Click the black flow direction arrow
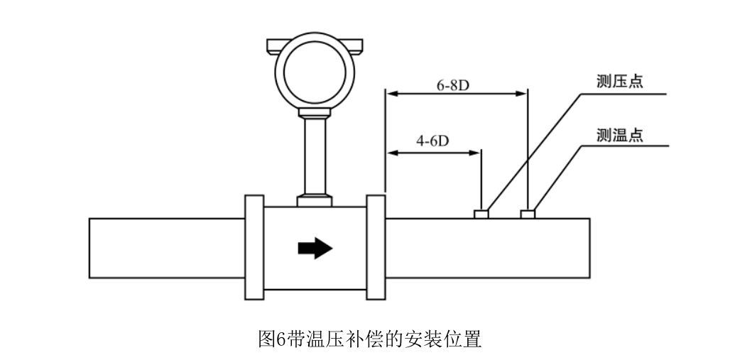pyautogui.click(x=315, y=248)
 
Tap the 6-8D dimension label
pyautogui.click(x=453, y=85)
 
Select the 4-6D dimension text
pyautogui.click(x=432, y=141)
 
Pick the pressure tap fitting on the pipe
pyautogui.click(x=481, y=214)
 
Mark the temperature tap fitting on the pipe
pyautogui.click(x=528, y=214)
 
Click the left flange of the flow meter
pyautogui.click(x=254, y=248)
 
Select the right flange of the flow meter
pyautogui.click(x=376, y=248)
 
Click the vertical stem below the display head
pyautogui.click(x=315, y=156)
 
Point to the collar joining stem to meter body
pyautogui.click(x=315, y=201)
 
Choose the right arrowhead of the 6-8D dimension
pyautogui.click(x=522, y=93)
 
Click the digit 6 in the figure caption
pyautogui.click(x=280, y=339)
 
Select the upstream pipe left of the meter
pyautogui.click(x=167, y=248)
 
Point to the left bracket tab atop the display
pyautogui.click(x=273, y=46)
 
